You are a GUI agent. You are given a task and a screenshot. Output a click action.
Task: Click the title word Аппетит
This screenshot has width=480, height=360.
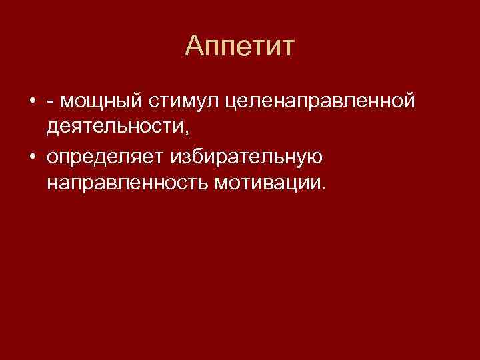pyautogui.click(x=240, y=47)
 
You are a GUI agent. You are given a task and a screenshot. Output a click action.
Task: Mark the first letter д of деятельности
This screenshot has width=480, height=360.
pyautogui.click(x=53, y=127)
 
